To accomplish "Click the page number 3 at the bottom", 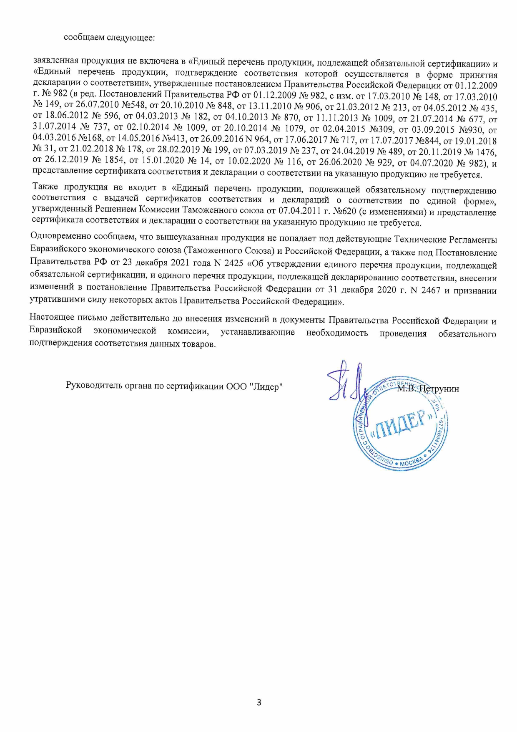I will click(258, 702).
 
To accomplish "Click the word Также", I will click(45, 186).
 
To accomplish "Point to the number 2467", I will click(430, 290).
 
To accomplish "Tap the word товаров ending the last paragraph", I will click(200, 345).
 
